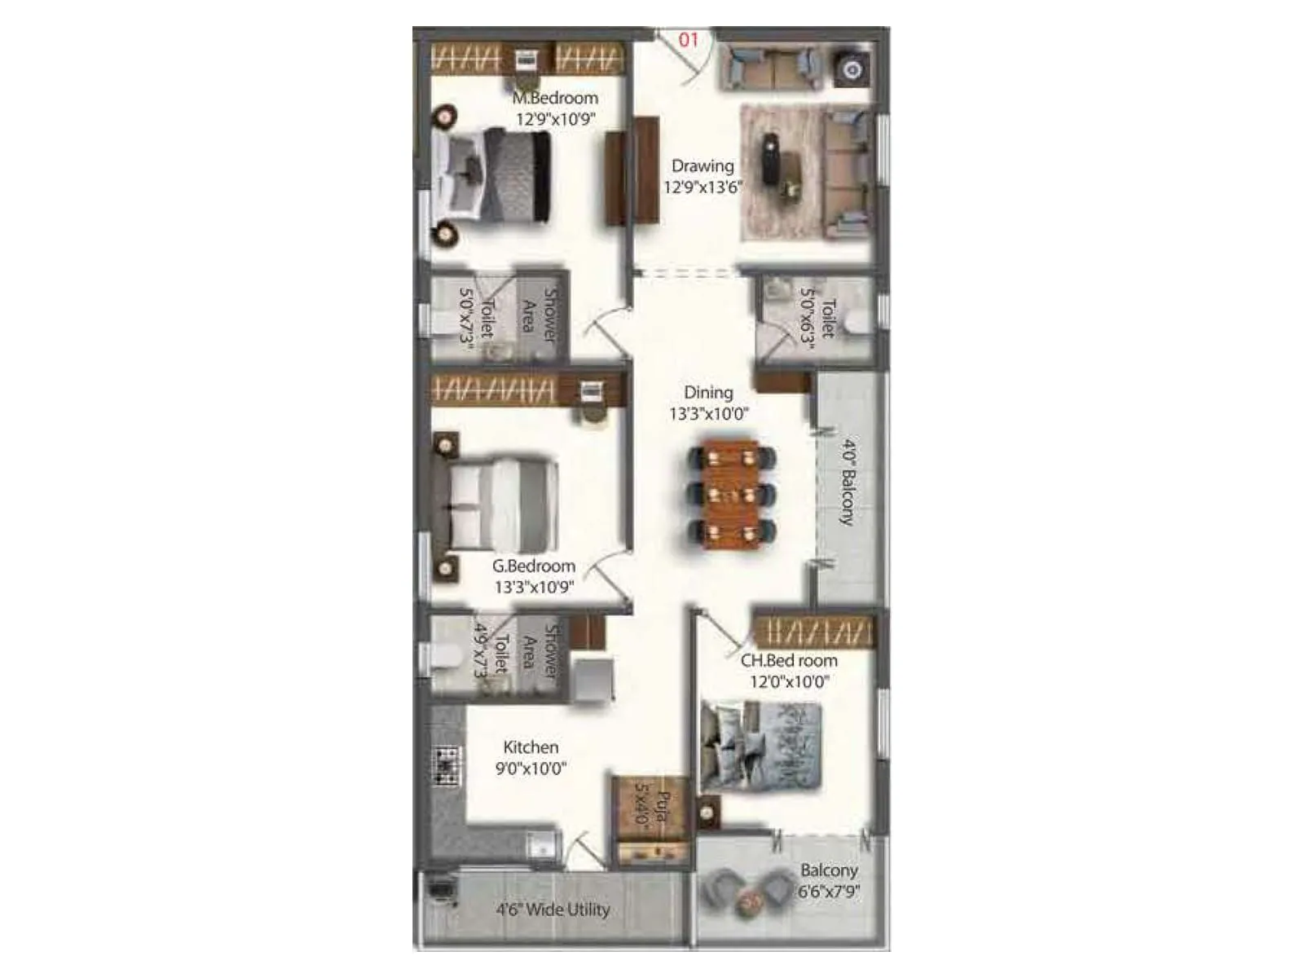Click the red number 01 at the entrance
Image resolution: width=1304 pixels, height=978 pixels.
(689, 39)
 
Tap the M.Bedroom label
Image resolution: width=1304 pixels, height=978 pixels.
(555, 98)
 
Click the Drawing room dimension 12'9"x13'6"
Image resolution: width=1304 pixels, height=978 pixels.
(703, 187)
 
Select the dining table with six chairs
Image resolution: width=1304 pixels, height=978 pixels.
(732, 494)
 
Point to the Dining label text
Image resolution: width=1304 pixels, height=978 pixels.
(708, 393)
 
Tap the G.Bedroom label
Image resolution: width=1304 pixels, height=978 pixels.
(534, 566)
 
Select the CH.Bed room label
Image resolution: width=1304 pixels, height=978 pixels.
(789, 661)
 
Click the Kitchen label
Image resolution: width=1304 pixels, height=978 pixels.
(531, 747)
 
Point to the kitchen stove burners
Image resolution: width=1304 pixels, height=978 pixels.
(447, 766)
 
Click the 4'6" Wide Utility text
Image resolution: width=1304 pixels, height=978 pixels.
(553, 910)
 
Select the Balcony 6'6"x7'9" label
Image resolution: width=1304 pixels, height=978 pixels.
(829, 881)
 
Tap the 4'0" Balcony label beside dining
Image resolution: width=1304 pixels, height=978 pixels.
(848, 482)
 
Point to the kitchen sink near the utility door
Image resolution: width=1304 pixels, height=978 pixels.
(540, 845)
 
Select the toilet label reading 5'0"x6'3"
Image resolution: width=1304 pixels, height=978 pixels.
(817, 318)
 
